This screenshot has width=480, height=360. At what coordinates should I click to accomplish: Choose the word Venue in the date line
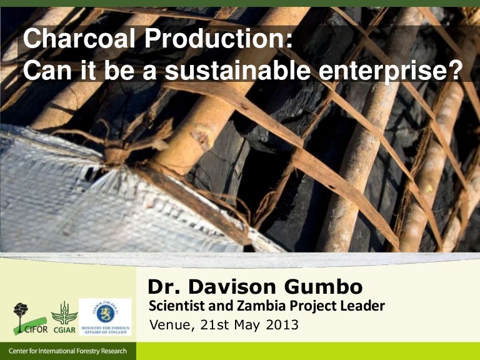pyautogui.click(x=168, y=325)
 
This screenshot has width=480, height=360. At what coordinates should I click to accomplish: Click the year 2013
pyautogui.click(x=281, y=325)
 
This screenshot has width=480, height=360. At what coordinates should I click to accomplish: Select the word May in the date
pyautogui.click(x=246, y=325)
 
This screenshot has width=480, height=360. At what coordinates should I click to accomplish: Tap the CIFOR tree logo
pyautogui.click(x=23, y=318)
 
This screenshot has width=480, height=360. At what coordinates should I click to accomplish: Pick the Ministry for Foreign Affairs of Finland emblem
pyautogui.click(x=105, y=316)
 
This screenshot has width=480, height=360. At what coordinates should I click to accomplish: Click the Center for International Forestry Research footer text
pyautogui.click(x=67, y=351)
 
